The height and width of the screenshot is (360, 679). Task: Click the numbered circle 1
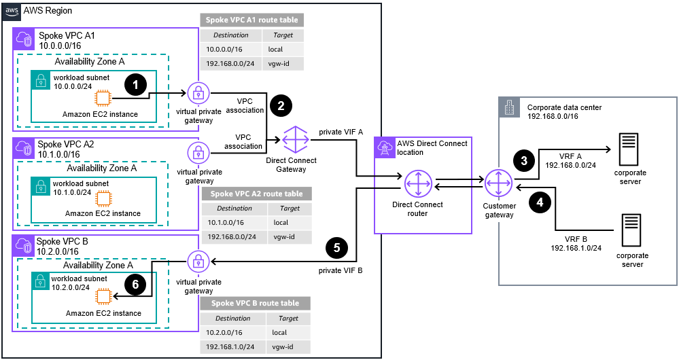pos(137,85)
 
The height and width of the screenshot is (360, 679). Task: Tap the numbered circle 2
pos(281,105)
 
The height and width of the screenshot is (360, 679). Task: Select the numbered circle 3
pos(523,161)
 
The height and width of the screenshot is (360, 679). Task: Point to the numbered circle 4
pos(540,202)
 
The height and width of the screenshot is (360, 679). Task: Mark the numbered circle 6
pos(136,286)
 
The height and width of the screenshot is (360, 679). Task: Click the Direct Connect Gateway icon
pos(296,139)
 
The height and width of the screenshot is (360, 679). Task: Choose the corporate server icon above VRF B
pos(631,231)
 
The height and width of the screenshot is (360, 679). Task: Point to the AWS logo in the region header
pos(12,12)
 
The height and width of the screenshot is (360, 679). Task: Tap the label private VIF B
pos(341,270)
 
